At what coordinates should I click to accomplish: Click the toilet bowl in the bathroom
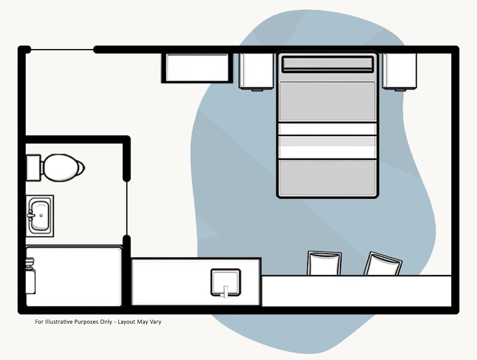point(62,167)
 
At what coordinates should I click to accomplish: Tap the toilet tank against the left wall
point(33,167)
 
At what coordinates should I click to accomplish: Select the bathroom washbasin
point(40,216)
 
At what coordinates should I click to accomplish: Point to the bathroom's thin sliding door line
point(127,208)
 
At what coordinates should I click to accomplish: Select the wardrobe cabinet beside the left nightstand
point(197,68)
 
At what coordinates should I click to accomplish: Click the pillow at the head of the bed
point(327,64)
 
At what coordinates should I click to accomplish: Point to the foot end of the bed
point(327,179)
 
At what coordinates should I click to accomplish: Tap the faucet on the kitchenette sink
point(225,290)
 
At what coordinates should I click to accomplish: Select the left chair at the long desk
point(324,263)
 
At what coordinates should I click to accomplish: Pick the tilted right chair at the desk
point(383,265)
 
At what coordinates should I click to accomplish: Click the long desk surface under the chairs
point(356,291)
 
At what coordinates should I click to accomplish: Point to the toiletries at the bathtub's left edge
point(31,277)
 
